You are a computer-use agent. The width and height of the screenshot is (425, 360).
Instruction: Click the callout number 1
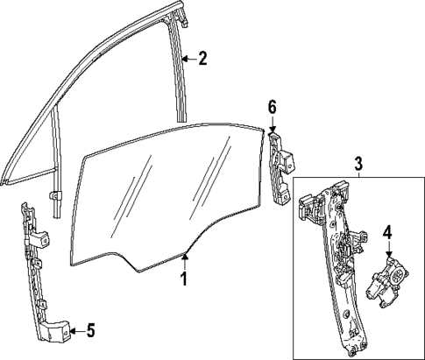(x=184, y=279)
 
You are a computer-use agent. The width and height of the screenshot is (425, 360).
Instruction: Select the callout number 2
(x=203, y=59)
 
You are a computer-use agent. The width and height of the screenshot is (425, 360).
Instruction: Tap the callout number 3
(x=358, y=163)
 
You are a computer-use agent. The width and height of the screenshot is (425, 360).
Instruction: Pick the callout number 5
(x=89, y=330)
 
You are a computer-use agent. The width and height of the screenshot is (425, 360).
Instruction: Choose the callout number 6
(x=272, y=107)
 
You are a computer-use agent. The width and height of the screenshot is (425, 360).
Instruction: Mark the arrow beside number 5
(x=75, y=330)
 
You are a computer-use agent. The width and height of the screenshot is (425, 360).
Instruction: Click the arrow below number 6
(x=272, y=125)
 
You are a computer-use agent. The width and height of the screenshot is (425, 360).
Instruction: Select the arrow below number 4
(x=386, y=251)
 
